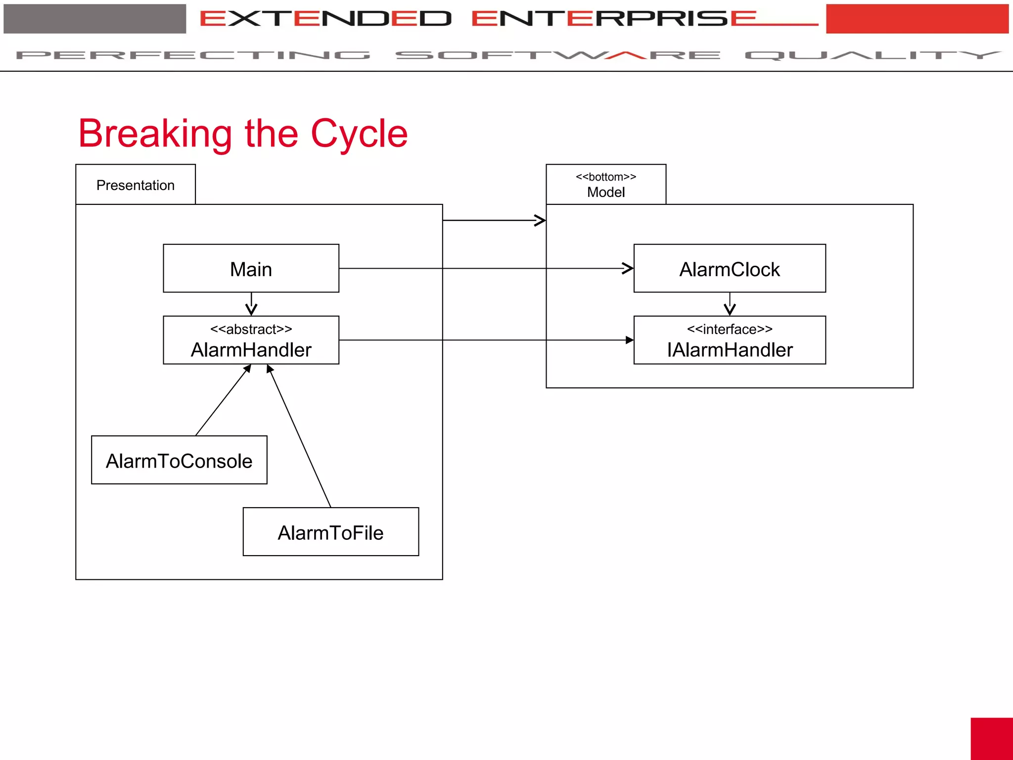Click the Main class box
(x=251, y=269)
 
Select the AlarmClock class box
(x=729, y=269)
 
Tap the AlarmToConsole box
(x=179, y=460)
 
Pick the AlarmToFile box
(x=330, y=532)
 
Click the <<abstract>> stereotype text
(x=251, y=329)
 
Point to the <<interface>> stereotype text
(x=729, y=329)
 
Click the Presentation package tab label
(x=135, y=185)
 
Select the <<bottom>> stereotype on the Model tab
(x=605, y=177)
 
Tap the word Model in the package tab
(x=605, y=192)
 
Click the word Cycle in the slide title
(x=359, y=134)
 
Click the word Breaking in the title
(x=155, y=134)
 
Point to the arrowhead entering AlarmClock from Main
(x=628, y=269)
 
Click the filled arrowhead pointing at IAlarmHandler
(x=629, y=340)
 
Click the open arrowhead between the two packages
(x=540, y=220)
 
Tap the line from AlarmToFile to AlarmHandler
(x=300, y=438)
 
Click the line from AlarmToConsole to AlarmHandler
(x=223, y=401)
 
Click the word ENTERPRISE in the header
(x=613, y=19)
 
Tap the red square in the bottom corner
(x=991, y=738)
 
